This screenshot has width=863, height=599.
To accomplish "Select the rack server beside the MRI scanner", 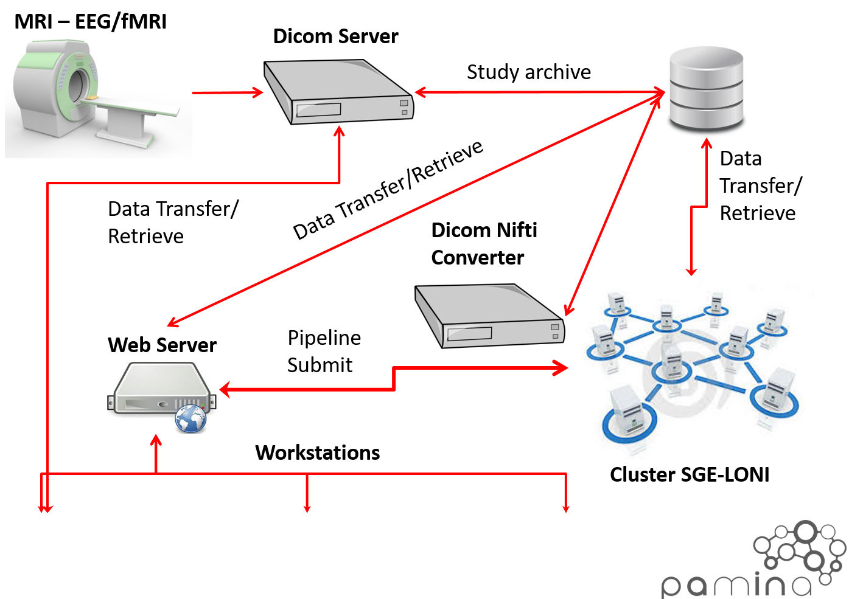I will (x=338, y=91).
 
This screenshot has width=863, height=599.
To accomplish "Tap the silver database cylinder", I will (x=706, y=91).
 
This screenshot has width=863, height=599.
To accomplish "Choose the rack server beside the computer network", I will (x=490, y=316).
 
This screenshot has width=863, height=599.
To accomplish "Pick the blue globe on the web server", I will (x=191, y=419).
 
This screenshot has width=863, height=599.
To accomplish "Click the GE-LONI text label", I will (x=730, y=474).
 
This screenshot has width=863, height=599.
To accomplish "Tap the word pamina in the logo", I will (x=736, y=585).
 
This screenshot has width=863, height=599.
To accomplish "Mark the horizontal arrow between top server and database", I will (x=539, y=92).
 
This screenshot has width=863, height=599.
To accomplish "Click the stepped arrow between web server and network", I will (x=394, y=377).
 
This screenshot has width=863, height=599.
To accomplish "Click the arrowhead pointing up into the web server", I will (x=156, y=440).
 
